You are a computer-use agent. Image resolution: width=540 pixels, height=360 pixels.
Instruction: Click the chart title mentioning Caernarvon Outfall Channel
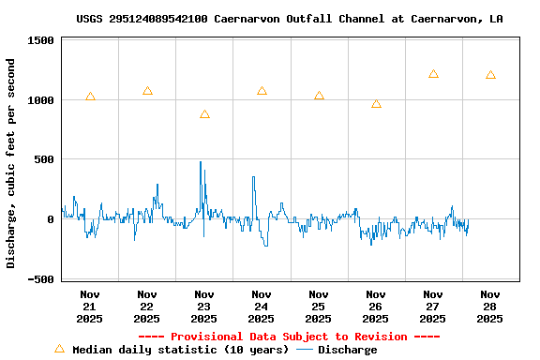[x=289, y=19]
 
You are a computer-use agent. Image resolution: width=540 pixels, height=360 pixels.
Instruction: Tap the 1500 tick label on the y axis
[x=40, y=41]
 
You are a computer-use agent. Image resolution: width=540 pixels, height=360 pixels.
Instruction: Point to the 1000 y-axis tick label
[x=40, y=100]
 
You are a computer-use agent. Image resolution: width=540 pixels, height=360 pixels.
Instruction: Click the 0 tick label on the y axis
[x=51, y=219]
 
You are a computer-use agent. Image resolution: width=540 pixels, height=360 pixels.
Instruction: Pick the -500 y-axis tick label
[x=40, y=279]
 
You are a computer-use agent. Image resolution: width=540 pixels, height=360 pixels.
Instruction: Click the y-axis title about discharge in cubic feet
[x=11, y=163]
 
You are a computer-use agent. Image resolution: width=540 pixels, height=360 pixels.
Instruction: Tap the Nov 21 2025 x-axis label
[x=90, y=307]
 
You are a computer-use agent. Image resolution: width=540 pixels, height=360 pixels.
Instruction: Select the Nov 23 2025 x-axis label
[x=204, y=307]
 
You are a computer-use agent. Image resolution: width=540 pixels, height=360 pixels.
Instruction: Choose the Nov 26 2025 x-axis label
[x=376, y=307]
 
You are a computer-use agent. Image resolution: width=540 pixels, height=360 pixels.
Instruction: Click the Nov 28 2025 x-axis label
[x=490, y=307]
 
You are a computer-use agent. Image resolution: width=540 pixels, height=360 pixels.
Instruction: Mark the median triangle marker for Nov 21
[x=90, y=97]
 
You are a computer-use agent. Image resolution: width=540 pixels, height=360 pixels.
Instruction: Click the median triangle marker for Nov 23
[x=204, y=114]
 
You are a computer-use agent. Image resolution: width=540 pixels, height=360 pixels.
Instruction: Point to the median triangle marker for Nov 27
[x=433, y=74]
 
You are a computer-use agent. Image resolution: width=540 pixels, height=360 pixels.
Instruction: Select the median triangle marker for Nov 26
[x=376, y=104]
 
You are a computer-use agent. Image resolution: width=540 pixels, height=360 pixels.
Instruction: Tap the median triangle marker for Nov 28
[x=490, y=75]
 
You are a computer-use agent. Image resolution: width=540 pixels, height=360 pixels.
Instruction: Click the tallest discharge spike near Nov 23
[x=201, y=163]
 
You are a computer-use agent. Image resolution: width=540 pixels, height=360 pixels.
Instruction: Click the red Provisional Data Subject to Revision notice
[x=289, y=337]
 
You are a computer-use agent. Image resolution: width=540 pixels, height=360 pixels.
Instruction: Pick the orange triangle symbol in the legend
[x=60, y=349]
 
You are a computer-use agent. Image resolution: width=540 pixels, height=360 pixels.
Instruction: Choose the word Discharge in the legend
[x=347, y=350]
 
